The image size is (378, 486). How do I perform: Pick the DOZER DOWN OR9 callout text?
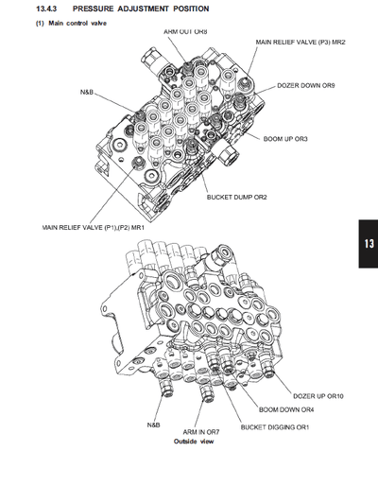pos(307,85)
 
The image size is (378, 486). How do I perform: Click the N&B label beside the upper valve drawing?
pos(87,93)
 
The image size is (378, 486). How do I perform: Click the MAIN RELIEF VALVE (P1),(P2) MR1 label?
pos(92,227)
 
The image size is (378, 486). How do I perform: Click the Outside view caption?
pos(194,442)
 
